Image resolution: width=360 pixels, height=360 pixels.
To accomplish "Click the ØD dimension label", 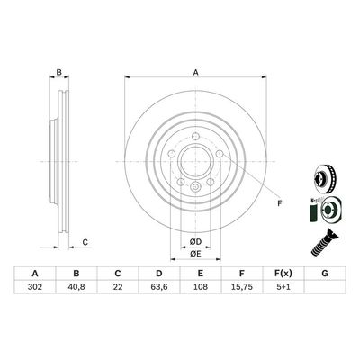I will tap(194, 240).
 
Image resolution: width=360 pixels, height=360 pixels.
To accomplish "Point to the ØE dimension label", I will tap(194, 254).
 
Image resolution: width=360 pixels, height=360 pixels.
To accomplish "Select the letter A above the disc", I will tap(194, 74).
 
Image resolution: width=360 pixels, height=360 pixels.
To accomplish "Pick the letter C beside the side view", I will tap(85, 240).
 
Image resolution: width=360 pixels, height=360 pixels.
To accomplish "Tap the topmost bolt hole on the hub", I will tap(194, 136).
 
